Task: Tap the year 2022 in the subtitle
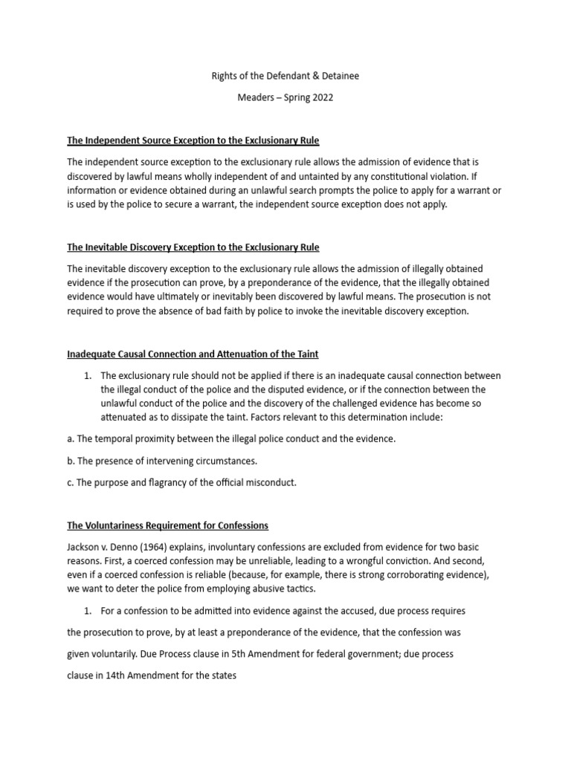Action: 310,98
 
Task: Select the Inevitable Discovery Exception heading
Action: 193,247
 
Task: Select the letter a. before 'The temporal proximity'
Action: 71,438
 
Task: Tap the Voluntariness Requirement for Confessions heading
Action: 167,525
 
